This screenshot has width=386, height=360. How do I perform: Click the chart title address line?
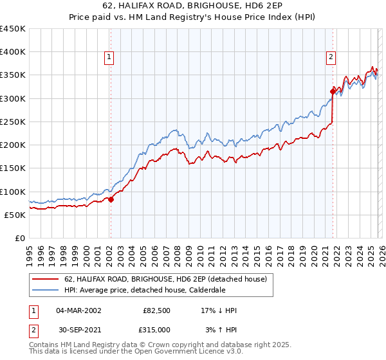click(192, 6)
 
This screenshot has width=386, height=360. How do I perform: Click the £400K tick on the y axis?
click(13, 52)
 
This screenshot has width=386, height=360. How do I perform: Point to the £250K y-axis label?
click(13, 122)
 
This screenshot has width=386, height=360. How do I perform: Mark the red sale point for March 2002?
click(111, 199)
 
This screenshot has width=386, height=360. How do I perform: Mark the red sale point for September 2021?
click(333, 91)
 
